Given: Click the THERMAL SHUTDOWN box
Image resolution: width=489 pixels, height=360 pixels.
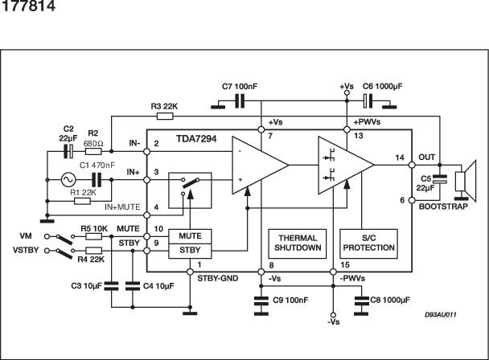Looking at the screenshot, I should (298, 243).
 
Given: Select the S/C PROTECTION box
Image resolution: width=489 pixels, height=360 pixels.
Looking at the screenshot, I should (368, 243).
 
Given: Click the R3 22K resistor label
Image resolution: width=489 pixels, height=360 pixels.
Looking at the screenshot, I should (165, 104).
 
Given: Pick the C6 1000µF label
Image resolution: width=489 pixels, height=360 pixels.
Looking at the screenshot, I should (383, 85).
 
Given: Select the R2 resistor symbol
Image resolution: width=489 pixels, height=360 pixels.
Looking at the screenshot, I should (94, 150).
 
